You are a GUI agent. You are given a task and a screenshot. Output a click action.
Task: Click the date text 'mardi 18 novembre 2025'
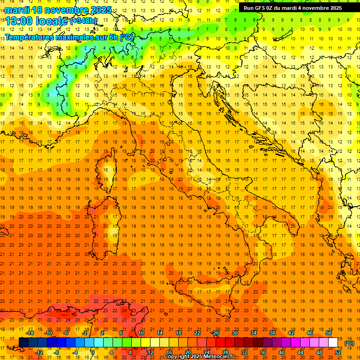coord(59,9)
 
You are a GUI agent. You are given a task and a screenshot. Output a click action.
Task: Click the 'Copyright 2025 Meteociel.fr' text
coord(199,357)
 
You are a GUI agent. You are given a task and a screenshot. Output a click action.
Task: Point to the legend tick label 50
coord(329,332)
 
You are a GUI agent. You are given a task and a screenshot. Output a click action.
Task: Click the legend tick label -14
coord(30,332)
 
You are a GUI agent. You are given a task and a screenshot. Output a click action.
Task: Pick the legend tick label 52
coord(338,352)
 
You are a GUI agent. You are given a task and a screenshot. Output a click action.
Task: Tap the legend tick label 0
coord(93,352)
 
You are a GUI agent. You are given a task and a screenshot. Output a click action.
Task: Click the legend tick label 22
coord(197,332)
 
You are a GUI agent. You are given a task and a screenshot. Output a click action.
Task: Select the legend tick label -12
coord(39,352)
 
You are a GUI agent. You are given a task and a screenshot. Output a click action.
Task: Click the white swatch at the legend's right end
coord(333,343)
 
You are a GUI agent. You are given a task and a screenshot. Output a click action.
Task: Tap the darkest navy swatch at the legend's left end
coord(24,343)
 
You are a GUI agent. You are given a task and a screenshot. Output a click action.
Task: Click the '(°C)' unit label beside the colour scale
coord(349,343)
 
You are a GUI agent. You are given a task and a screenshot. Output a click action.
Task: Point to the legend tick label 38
coord(272,332)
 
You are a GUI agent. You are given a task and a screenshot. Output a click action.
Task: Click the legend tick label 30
coord(235,332)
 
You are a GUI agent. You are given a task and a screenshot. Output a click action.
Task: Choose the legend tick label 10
coord(141,332)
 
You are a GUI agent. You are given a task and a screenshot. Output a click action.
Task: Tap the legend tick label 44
coord(300,352)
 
